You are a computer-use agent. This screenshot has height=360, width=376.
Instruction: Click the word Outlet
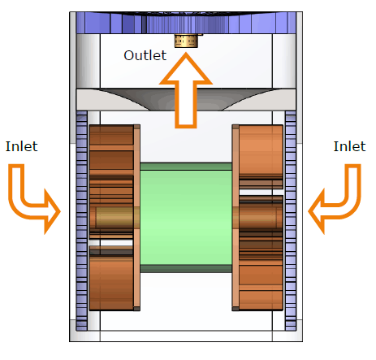[145, 55]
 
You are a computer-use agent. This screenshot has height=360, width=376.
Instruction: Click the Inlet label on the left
[22, 146]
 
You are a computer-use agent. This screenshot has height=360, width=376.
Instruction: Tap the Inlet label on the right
[349, 146]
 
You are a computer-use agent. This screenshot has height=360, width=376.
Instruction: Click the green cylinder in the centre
[186, 218]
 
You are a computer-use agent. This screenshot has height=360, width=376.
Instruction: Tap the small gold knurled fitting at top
[186, 41]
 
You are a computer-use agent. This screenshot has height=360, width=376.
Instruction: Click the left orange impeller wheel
[111, 218]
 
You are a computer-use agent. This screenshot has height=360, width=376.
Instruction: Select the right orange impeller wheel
[261, 218]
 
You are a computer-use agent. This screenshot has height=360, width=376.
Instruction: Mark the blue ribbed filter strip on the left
[81, 221]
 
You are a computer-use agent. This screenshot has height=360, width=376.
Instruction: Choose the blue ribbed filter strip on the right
[291, 221]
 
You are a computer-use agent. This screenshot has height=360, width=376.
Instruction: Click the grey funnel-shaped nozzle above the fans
[186, 99]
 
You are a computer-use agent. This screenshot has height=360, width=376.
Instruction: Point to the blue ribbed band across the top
[186, 23]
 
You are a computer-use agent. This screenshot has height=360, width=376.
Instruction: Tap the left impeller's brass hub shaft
[114, 218]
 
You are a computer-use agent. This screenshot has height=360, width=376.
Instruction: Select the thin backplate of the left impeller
[137, 218]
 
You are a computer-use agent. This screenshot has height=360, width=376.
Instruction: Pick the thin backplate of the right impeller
[236, 218]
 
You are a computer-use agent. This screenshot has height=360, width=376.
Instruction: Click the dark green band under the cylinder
[186, 269]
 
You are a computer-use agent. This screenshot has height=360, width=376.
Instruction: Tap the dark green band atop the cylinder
[186, 167]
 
